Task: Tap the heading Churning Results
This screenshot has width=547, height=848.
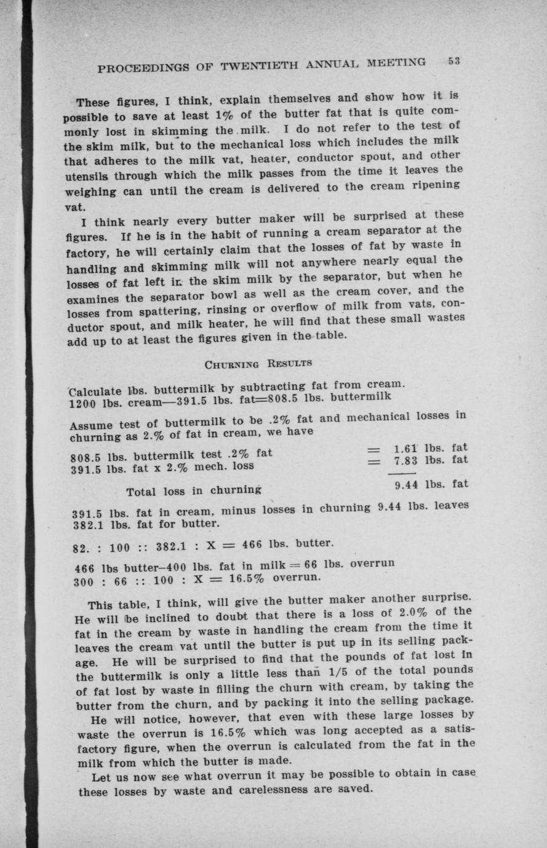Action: pyautogui.click(x=258, y=363)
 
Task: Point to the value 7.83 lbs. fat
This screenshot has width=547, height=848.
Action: pyautogui.click(x=431, y=460)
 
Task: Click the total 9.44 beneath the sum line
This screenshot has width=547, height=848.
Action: pyautogui.click(x=406, y=484)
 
